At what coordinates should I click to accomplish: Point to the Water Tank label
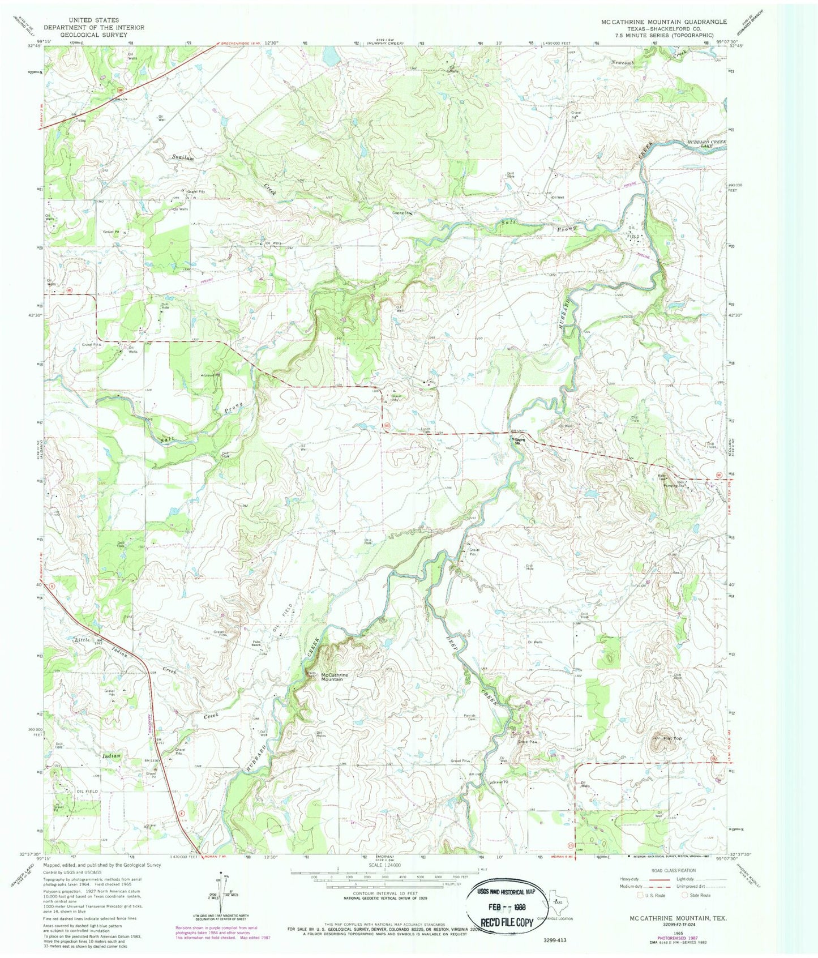click(x=661, y=477)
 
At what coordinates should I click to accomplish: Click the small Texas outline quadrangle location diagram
click(x=559, y=904)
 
